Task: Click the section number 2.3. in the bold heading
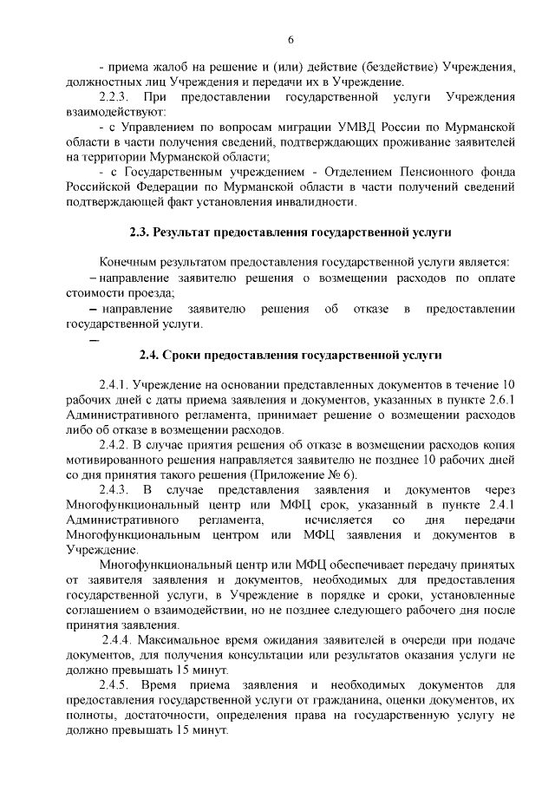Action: tap(129, 232)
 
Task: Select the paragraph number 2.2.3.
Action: tap(115, 97)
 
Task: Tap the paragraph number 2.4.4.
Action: tap(119, 640)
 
